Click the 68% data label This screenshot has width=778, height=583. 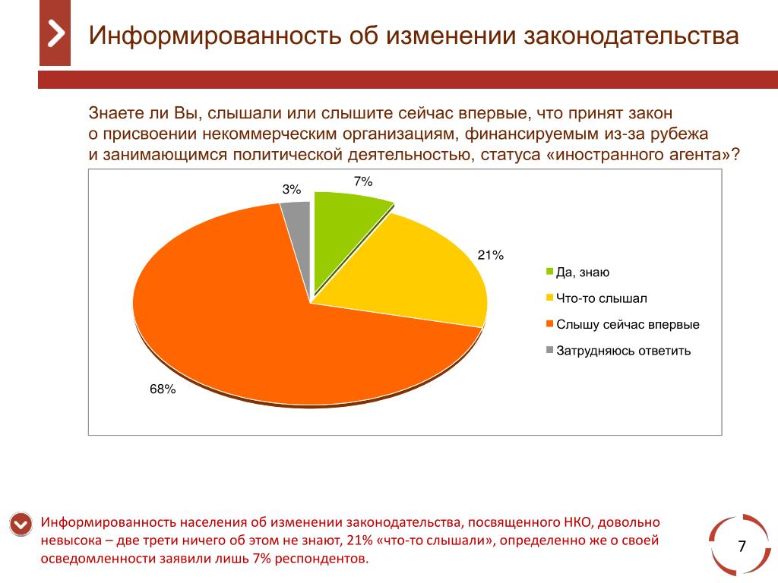[x=163, y=389]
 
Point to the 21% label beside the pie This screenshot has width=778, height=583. [x=491, y=255]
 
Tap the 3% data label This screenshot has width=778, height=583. [x=292, y=190]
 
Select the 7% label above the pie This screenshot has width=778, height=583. [x=362, y=181]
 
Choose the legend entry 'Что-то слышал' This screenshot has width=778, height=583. [x=602, y=298]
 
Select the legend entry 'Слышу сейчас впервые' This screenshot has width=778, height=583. [x=628, y=325]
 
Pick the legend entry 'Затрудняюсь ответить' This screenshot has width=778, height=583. [x=623, y=351]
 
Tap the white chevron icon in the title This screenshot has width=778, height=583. [x=55, y=34]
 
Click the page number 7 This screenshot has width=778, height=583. [x=742, y=547]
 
